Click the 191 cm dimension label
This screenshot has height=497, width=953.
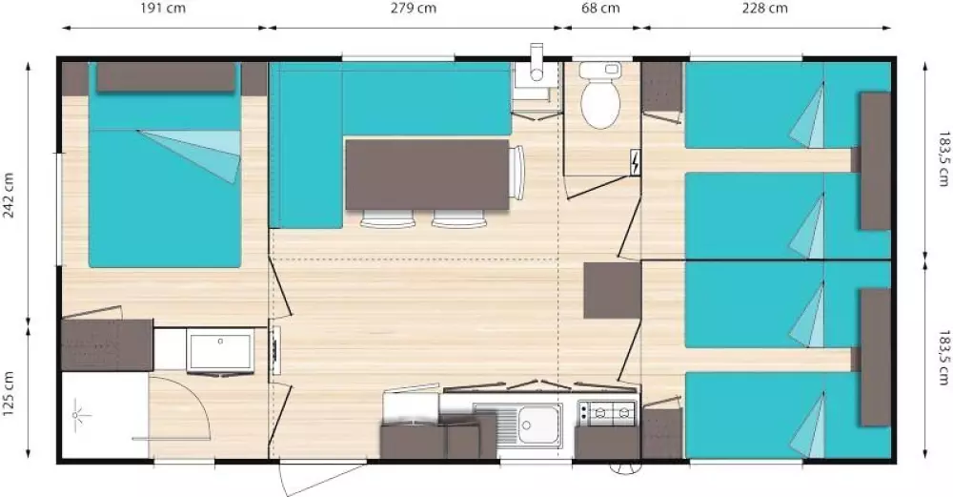click(x=163, y=8)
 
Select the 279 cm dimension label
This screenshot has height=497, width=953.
click(x=414, y=8)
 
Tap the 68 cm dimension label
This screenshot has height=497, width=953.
click(x=601, y=8)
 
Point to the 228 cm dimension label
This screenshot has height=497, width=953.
click(x=764, y=8)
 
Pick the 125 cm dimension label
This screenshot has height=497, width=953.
click(x=10, y=394)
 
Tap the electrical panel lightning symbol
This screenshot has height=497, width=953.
click(x=635, y=162)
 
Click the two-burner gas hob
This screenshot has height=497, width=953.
click(x=607, y=414)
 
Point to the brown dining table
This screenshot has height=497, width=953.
click(x=427, y=175)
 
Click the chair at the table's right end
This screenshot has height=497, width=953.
click(x=517, y=173)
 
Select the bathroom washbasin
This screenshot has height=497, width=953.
click(x=220, y=351)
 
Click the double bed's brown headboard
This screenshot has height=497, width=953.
click(x=166, y=77)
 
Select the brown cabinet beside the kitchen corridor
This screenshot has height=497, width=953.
click(x=612, y=290)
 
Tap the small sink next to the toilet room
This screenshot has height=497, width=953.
click(x=535, y=85)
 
